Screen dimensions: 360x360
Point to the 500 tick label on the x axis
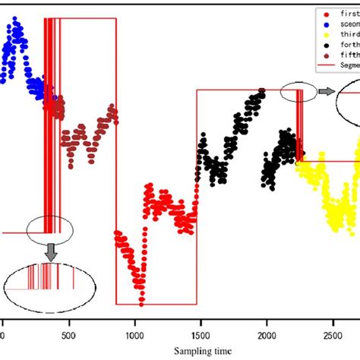tap(69, 333)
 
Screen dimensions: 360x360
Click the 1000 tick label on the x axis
tap(135, 333)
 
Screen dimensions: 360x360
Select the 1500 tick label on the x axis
tap(201, 333)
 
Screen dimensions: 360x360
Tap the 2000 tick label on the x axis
tap(267, 333)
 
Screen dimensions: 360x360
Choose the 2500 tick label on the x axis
tap(333, 333)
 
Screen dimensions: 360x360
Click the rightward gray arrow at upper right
tap(326, 91)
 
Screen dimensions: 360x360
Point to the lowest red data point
tap(141, 303)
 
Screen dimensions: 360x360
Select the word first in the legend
tap(346, 13)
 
